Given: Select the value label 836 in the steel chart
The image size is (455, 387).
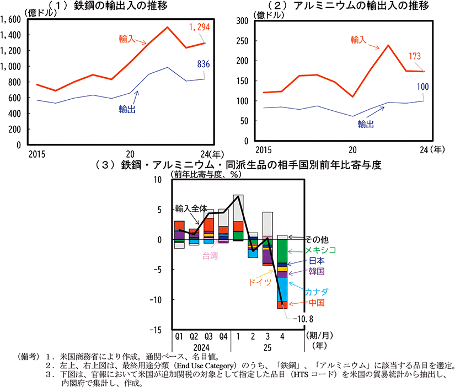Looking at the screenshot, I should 204,65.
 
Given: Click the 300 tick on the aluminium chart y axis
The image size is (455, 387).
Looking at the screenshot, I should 242,20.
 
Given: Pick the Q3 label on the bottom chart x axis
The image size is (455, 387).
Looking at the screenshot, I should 209,336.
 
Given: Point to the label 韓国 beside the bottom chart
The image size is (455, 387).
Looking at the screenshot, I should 316,271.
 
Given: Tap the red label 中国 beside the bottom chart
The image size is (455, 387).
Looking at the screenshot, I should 316,303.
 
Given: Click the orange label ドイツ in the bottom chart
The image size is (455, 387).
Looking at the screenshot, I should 259,282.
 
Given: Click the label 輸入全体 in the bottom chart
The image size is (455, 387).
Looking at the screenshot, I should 191,208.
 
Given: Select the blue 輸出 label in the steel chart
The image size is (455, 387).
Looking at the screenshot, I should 127,110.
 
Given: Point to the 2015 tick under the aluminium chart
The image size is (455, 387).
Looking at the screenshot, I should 263,149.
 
